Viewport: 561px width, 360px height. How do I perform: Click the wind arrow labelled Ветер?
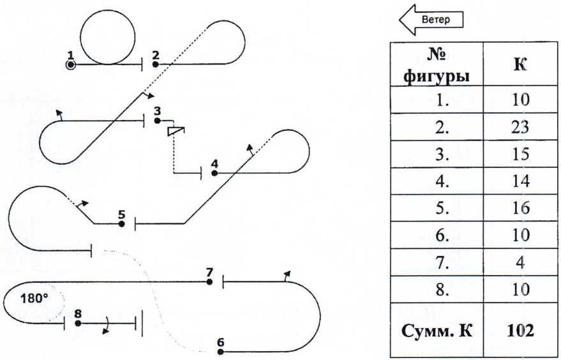click(x=431, y=20)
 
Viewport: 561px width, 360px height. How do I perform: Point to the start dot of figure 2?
click(x=155, y=64)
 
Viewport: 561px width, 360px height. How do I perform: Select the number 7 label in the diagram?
click(x=209, y=272)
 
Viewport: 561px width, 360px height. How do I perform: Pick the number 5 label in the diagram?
click(x=121, y=214)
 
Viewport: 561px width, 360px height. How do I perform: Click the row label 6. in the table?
click(x=437, y=235)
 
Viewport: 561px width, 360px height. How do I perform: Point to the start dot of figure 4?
click(x=214, y=172)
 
